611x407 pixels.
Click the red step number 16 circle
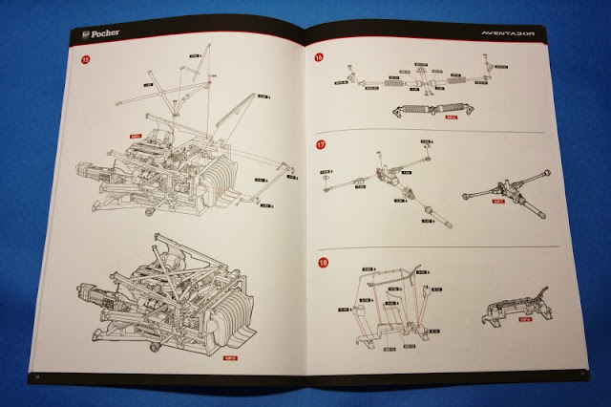point(319,58)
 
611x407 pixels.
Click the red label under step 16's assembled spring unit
point(452,119)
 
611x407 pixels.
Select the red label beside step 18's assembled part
point(525,319)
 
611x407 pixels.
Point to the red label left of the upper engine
point(135,137)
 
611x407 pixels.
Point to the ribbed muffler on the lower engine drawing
point(224,306)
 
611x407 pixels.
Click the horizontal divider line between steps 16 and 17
point(430,132)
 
